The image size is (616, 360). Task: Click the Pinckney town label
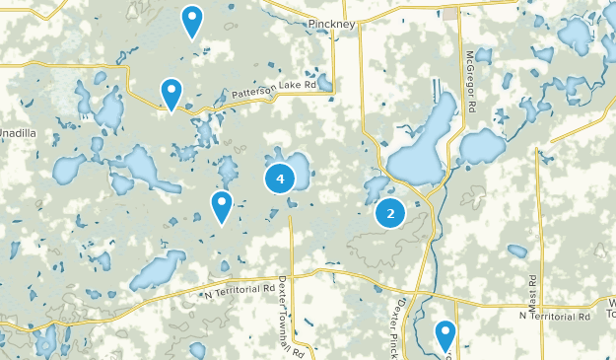point(329,22)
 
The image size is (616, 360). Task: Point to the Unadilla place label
point(18,132)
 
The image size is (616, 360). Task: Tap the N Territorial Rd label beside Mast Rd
point(554,316)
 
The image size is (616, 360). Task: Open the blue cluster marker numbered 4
point(281,179)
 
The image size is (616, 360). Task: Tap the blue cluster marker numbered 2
point(391,212)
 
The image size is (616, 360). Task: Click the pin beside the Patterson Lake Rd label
point(171,94)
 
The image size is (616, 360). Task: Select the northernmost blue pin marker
point(192,20)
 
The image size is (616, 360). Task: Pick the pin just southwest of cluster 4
point(222,206)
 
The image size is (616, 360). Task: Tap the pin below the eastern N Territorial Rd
point(445,334)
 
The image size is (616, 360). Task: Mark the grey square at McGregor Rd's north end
point(450,14)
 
